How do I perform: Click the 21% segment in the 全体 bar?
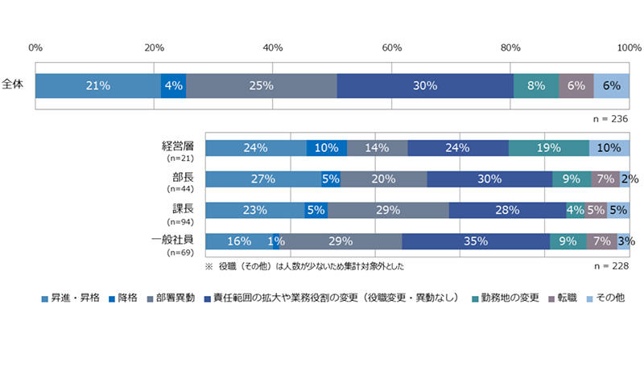tap(98, 85)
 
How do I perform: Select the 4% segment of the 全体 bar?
tap(173, 85)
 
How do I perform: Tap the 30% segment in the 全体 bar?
tap(424, 85)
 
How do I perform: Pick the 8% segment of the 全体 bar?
tap(535, 85)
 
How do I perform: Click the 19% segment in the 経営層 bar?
tap(548, 148)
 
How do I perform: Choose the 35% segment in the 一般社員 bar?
tap(475, 241)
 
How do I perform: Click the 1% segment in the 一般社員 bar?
tap(276, 241)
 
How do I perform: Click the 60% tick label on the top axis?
tap(391, 47)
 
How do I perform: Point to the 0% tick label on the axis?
tap(35, 47)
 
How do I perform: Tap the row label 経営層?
tap(178, 146)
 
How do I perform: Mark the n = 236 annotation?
tap(609, 118)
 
